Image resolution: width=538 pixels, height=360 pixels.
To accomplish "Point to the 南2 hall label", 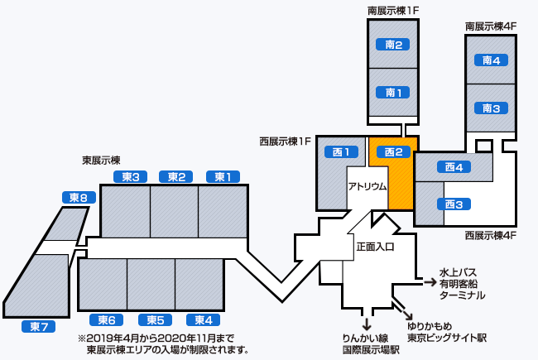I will (x=393, y=45).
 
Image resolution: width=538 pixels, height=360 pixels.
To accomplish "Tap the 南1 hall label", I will (x=393, y=92).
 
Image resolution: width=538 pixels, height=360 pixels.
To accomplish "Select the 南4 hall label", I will (x=491, y=60).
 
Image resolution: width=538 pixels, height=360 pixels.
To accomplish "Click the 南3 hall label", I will (x=491, y=108).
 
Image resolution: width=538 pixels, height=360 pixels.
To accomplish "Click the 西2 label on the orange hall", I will (x=393, y=151).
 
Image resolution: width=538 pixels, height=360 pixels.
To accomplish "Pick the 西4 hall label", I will (x=453, y=167).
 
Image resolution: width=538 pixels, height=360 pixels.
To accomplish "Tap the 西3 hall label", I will (x=453, y=204).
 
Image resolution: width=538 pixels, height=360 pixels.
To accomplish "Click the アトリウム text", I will (x=367, y=186).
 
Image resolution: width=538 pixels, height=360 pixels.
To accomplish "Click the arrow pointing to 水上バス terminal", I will (x=430, y=282).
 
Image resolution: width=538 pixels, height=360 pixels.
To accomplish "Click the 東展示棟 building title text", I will (x=102, y=160).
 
